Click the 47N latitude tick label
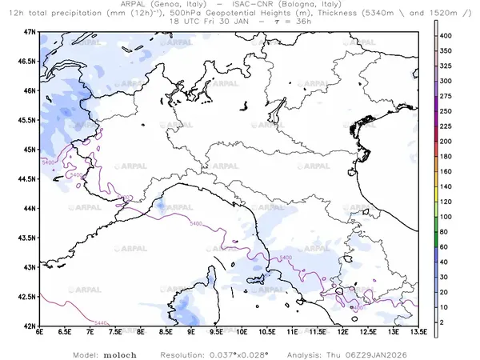coord(30,31)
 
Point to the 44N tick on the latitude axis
coord(30,208)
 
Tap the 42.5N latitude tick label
coord(28,297)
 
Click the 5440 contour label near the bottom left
coord(78,322)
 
